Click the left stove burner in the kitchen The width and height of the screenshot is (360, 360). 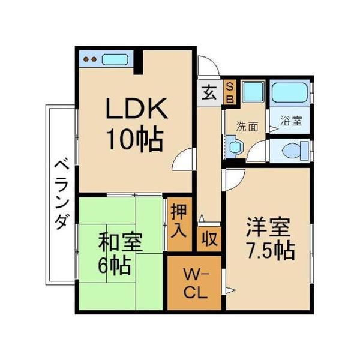[86, 59]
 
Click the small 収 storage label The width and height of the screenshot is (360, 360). [209, 239]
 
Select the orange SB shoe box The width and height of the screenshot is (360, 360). [230, 92]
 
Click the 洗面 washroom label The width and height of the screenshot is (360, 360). [247, 127]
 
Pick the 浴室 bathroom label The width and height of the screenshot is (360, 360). [290, 120]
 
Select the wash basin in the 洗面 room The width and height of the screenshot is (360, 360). [233, 145]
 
